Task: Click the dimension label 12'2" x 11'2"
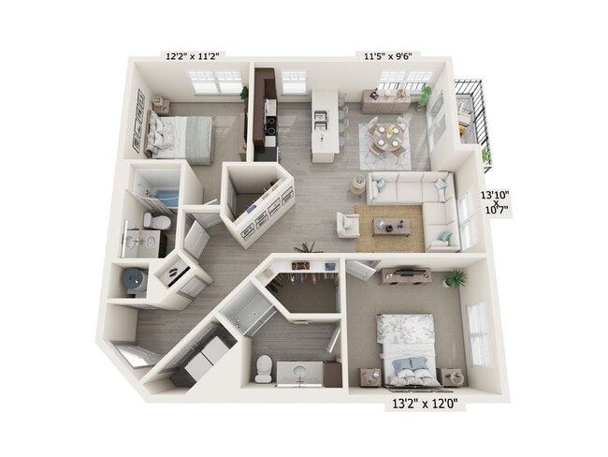[195, 56]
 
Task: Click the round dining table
[386, 135]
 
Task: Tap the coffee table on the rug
[390, 226]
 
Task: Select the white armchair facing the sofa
[348, 225]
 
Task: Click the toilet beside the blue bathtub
[158, 221]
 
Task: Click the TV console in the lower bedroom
[405, 275]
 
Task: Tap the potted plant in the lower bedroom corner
[456, 278]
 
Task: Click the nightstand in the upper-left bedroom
[161, 108]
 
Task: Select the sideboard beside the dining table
[386, 101]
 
